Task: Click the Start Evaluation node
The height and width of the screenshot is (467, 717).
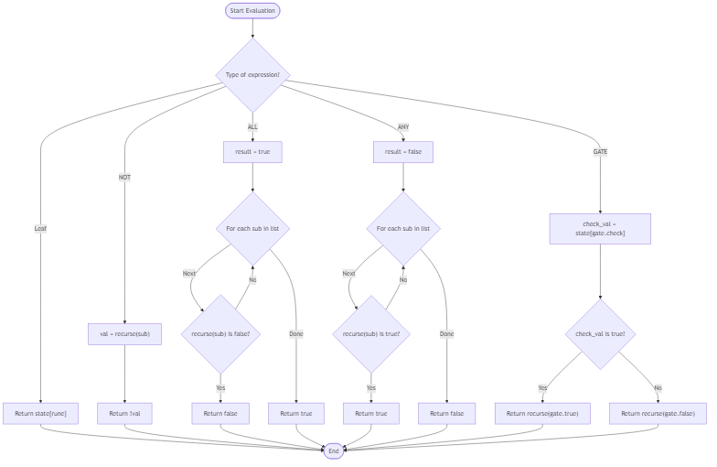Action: point(252,10)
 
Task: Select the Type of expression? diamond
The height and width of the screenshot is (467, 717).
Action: point(252,74)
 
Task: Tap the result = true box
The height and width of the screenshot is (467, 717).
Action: point(252,152)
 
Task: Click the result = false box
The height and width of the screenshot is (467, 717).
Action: point(403,152)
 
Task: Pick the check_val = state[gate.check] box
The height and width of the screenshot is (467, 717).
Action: point(600,228)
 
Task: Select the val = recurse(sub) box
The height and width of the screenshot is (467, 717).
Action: point(125,334)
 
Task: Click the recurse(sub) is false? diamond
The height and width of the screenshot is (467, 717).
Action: point(220,334)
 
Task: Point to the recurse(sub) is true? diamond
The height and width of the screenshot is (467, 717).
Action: point(371,334)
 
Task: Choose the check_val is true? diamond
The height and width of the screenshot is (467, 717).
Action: point(600,334)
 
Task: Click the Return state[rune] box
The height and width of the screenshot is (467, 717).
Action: point(40,414)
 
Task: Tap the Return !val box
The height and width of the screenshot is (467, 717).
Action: point(125,414)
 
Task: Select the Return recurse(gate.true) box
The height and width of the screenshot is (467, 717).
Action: point(542,414)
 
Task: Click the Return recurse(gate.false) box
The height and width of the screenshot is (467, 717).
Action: point(658,414)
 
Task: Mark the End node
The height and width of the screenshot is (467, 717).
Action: point(334,451)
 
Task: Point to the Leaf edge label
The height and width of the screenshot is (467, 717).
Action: point(40,228)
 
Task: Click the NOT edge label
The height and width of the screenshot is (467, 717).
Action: point(125,177)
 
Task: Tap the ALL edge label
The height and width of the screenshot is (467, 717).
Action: point(252,126)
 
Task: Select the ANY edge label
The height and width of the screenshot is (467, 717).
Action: point(403,126)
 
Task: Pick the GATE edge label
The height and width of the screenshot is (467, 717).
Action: point(600,152)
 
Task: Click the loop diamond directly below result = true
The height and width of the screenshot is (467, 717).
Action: point(252,228)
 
